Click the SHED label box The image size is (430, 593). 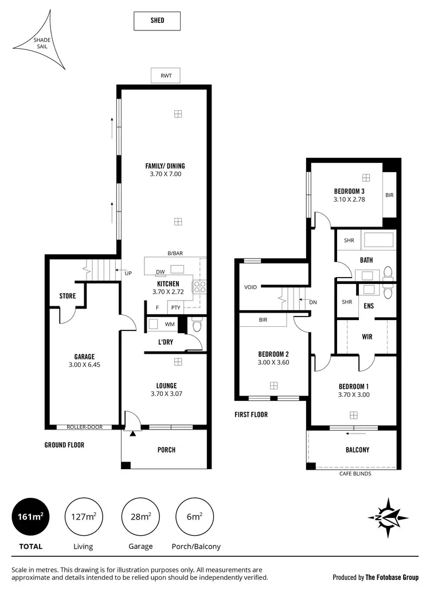[157, 21]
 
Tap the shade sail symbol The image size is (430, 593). [41, 44]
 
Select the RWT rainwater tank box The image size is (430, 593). [166, 75]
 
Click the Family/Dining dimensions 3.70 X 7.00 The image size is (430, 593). [165, 174]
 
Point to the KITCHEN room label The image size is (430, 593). [169, 284]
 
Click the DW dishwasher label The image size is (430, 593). [161, 272]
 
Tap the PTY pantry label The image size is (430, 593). [175, 308]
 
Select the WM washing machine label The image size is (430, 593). [169, 325]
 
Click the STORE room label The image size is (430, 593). [68, 296]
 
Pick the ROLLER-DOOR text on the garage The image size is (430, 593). [84, 427]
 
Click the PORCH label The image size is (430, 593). [166, 450]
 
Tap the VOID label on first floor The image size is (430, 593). [251, 287]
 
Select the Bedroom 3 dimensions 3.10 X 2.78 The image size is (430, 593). [349, 200]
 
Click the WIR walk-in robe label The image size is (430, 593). [367, 337]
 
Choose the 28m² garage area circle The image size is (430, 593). [140, 517]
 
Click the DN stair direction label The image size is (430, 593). [312, 302]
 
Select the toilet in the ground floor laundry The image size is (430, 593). [197, 326]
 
